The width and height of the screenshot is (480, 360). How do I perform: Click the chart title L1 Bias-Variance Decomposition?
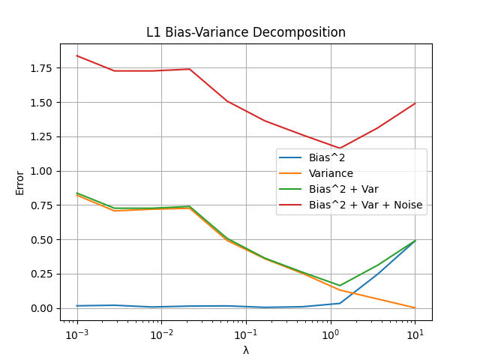tap(246, 33)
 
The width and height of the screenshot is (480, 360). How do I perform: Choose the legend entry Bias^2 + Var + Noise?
tap(365, 205)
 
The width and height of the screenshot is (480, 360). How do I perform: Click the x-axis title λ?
tap(246, 350)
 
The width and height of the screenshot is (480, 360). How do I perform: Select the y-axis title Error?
tap(20, 182)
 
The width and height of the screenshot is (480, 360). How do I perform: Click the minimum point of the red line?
tap(340, 148)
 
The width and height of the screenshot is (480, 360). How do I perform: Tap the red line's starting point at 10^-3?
tap(76, 55)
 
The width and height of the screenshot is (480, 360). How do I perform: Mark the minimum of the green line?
tap(340, 286)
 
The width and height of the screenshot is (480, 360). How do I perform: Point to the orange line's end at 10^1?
tap(415, 307)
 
